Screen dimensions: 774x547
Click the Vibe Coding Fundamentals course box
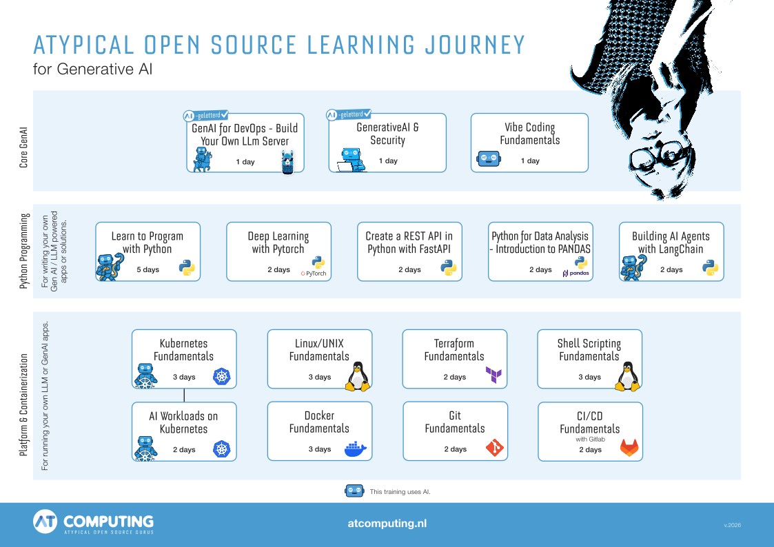(x=529, y=143)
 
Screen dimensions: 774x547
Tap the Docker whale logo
(x=356, y=449)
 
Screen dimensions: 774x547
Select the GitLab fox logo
(x=629, y=447)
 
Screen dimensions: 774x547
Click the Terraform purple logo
(x=493, y=375)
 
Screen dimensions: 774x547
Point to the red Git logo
(x=495, y=448)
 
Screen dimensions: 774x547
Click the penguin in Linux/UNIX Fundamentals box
(x=358, y=377)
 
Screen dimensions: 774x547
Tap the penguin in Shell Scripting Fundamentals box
(x=627, y=377)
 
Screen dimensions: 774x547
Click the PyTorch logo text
(x=314, y=273)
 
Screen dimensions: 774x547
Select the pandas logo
(x=576, y=273)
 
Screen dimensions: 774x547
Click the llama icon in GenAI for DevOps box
(x=288, y=163)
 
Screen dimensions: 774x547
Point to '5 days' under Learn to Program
(x=148, y=270)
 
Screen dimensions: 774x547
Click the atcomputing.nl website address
(x=387, y=524)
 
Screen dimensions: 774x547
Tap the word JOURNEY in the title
(x=475, y=45)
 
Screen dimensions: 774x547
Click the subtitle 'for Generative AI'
(x=93, y=69)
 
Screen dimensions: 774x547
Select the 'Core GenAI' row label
(x=23, y=147)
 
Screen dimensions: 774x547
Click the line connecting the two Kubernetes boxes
(x=184, y=395)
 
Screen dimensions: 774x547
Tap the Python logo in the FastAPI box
(x=448, y=268)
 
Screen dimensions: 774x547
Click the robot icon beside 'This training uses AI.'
(x=354, y=491)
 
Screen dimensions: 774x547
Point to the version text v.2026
(x=733, y=525)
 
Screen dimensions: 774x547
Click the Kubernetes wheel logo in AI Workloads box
(x=222, y=449)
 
